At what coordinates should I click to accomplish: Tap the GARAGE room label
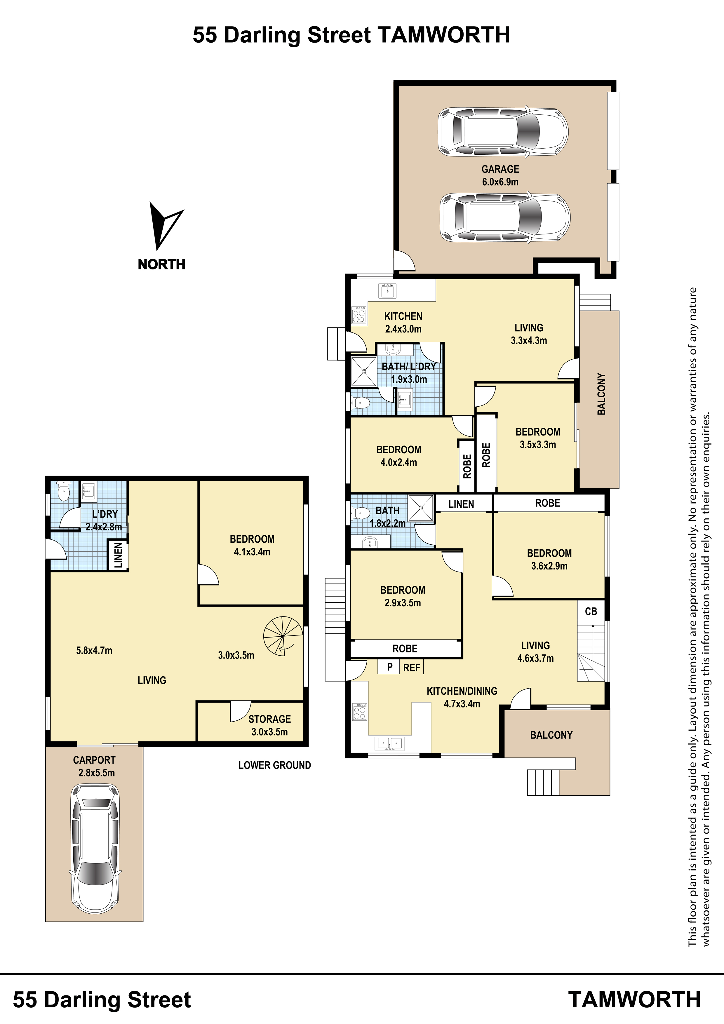click(x=500, y=169)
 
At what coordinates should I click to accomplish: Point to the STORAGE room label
click(x=269, y=719)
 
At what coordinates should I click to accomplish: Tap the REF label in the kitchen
click(x=411, y=668)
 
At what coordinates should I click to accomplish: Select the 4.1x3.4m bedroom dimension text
click(x=252, y=552)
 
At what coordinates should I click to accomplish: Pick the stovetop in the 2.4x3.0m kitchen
click(x=359, y=316)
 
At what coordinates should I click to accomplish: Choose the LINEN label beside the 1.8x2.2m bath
click(x=461, y=504)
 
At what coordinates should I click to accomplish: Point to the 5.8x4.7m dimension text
click(x=94, y=651)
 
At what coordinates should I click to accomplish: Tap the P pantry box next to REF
click(x=389, y=667)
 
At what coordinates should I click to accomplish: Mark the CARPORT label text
click(x=94, y=760)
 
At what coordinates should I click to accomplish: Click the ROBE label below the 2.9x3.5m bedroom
click(x=405, y=649)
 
